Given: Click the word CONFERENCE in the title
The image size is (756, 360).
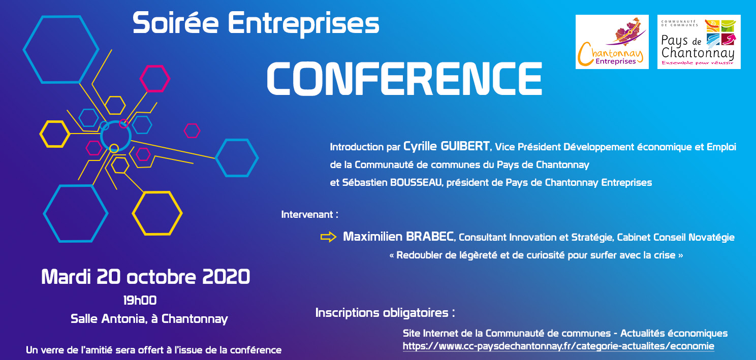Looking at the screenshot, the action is point(404,79).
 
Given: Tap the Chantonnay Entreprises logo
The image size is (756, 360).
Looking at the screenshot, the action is point(612,42).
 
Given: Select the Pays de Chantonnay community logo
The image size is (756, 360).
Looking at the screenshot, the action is point(699,42).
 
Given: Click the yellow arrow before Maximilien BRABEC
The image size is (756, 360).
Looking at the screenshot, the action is point(328,237).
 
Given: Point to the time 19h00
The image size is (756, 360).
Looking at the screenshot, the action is point(140,300).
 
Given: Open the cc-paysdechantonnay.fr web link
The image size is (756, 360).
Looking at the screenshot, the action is point(558,346).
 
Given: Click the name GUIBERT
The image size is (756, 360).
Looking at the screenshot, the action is point(465,146).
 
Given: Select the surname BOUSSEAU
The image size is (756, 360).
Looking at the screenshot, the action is point(416,182).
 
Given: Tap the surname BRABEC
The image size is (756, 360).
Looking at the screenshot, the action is point(430,237).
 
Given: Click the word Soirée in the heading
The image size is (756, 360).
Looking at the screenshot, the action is point(175,23).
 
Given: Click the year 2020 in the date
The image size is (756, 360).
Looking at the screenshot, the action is point(226,277).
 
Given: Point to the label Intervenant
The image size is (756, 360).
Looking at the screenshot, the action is point(307,215).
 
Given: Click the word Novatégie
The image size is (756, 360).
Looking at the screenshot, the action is point(711,237).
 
